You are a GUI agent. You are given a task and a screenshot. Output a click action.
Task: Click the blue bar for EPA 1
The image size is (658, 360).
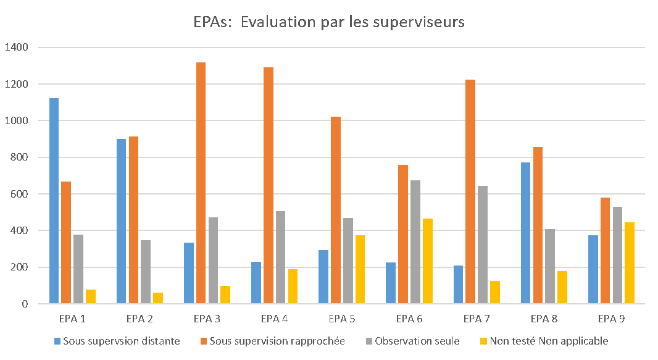[x=54, y=201]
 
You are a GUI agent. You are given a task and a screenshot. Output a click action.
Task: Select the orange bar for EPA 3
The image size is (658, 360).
[x=201, y=183]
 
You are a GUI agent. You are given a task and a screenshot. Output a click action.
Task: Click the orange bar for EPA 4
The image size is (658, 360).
[x=268, y=185]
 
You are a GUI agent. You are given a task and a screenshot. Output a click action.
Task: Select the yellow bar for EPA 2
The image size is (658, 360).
[x=158, y=298]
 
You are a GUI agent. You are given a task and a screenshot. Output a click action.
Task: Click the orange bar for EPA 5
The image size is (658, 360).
[x=336, y=210]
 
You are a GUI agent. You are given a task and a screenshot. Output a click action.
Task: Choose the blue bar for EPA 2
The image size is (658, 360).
[x=121, y=221]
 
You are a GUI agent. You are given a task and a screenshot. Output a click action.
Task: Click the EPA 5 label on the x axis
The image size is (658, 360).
[x=337, y=319]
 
